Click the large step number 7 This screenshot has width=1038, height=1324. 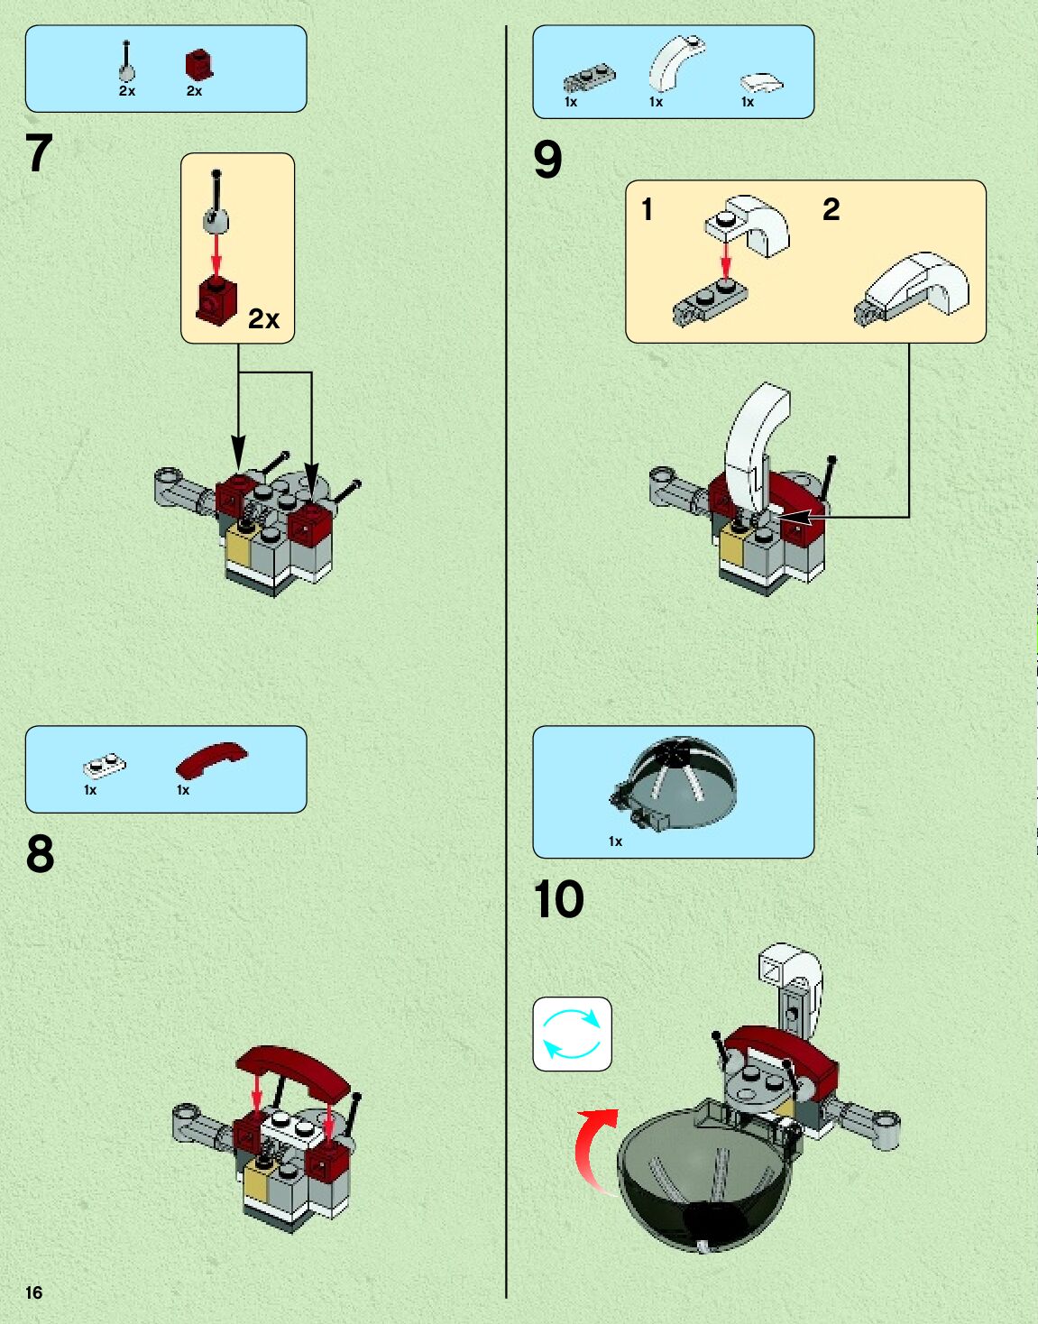pyautogui.click(x=39, y=153)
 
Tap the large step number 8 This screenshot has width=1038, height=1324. pyautogui.click(x=40, y=853)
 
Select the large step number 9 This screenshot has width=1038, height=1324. pyautogui.click(x=547, y=160)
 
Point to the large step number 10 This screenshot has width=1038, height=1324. pyautogui.click(x=558, y=899)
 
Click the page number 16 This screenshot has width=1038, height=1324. pyautogui.click(x=33, y=1292)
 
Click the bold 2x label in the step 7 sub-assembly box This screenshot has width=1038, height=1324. pyautogui.click(x=263, y=318)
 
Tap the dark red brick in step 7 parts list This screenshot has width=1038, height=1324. pyautogui.click(x=199, y=66)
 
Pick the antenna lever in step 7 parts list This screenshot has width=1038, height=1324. pyautogui.click(x=126, y=61)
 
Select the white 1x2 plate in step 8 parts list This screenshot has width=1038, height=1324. pyautogui.click(x=105, y=766)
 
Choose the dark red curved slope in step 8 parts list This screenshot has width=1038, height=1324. pyautogui.click(x=211, y=759)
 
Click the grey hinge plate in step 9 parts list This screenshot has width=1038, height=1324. pyautogui.click(x=589, y=78)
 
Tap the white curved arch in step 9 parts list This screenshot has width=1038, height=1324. pyautogui.click(x=675, y=63)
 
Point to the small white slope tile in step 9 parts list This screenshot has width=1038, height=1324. pyautogui.click(x=761, y=83)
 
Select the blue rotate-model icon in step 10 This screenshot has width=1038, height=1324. pyautogui.click(x=572, y=1034)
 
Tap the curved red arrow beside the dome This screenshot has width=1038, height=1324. pyautogui.click(x=592, y=1148)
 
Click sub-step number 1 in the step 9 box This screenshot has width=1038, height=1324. pyautogui.click(x=647, y=209)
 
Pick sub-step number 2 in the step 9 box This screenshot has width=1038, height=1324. pyautogui.click(x=831, y=209)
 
